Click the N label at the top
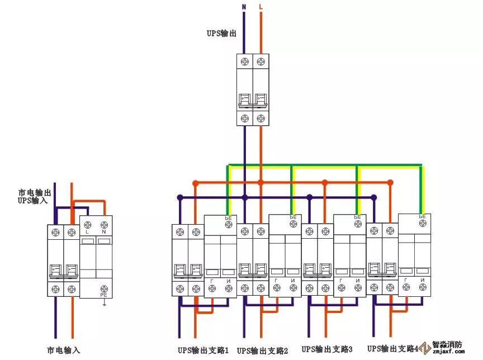click(x=244, y=7)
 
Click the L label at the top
click(x=261, y=7)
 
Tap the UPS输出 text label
click(x=221, y=34)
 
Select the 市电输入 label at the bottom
click(x=63, y=350)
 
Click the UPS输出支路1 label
click(x=203, y=350)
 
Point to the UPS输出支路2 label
click(x=263, y=351)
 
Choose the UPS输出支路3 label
click(x=327, y=350)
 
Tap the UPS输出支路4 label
click(x=392, y=348)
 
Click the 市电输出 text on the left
click(x=33, y=192)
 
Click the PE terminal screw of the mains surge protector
click(x=104, y=288)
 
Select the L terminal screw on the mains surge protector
click(x=88, y=224)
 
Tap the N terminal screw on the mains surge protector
click(x=104, y=224)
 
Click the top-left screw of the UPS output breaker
click(x=244, y=61)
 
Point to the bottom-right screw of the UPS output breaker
click(x=261, y=119)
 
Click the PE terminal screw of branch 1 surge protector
click(x=228, y=224)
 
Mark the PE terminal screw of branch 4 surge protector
click(x=422, y=223)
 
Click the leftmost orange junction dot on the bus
click(x=195, y=183)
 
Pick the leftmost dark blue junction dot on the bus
click(x=179, y=197)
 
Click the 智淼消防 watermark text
click(x=447, y=344)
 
